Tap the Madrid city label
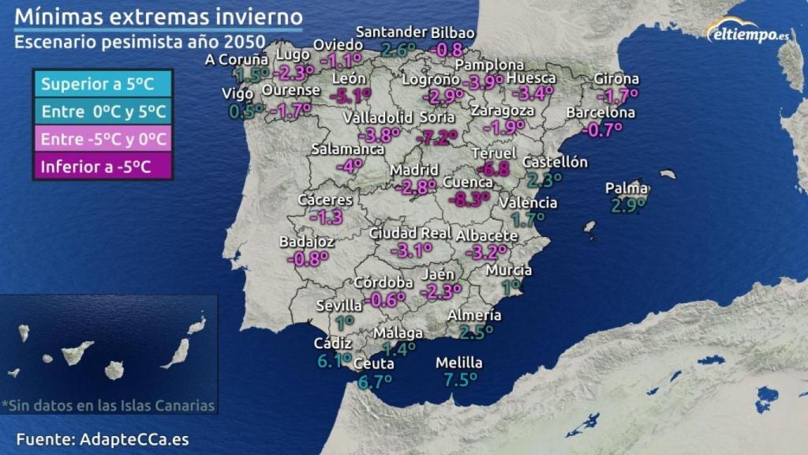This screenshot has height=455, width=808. click(x=414, y=170)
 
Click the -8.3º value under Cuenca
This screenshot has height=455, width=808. click(x=469, y=199)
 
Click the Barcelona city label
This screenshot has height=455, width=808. click(x=600, y=113)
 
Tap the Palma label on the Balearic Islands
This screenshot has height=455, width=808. click(x=627, y=188)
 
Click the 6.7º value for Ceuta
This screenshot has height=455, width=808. click(x=375, y=382)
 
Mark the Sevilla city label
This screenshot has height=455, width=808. click(x=339, y=305)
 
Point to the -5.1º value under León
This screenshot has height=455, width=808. click(x=350, y=96)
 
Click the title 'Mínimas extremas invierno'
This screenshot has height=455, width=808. click(x=159, y=16)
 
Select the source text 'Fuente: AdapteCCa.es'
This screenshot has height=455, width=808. click(x=103, y=439)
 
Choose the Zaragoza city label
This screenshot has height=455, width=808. click(x=503, y=111)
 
